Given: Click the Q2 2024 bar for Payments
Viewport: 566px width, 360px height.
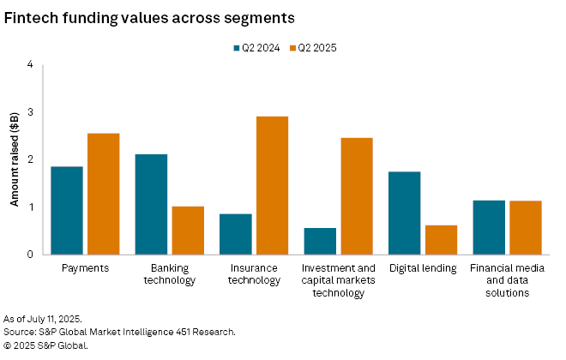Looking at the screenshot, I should pos(67,210).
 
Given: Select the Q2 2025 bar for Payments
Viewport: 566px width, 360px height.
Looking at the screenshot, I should pos(103,194).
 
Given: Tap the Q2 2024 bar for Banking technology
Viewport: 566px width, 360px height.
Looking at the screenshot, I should pos(151,204).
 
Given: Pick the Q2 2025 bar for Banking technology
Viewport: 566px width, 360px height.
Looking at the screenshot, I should pos(188,230).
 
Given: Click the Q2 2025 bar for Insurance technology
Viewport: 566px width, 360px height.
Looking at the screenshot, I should pos(272,185).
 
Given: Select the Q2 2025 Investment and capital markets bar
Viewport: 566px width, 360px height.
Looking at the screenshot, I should pos(357,195).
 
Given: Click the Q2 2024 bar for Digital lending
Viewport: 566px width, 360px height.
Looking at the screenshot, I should pos(405,213).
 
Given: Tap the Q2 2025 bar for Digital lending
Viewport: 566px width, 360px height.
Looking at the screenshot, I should pos(441,239).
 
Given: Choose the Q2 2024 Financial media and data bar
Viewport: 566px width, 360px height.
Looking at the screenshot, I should pos(489,227).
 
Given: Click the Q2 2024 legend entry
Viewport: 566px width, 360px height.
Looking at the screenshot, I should pos(256,48).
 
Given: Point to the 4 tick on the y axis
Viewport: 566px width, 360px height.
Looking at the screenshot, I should pos(30,64).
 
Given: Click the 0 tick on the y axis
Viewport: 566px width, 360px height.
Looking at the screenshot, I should pos(30,255).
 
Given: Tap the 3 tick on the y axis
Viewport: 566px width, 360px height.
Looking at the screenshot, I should pos(30,112).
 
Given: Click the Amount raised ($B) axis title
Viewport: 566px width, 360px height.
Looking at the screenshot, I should pos(14,159).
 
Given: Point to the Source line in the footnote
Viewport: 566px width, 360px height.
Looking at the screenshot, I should pos(119,332).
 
